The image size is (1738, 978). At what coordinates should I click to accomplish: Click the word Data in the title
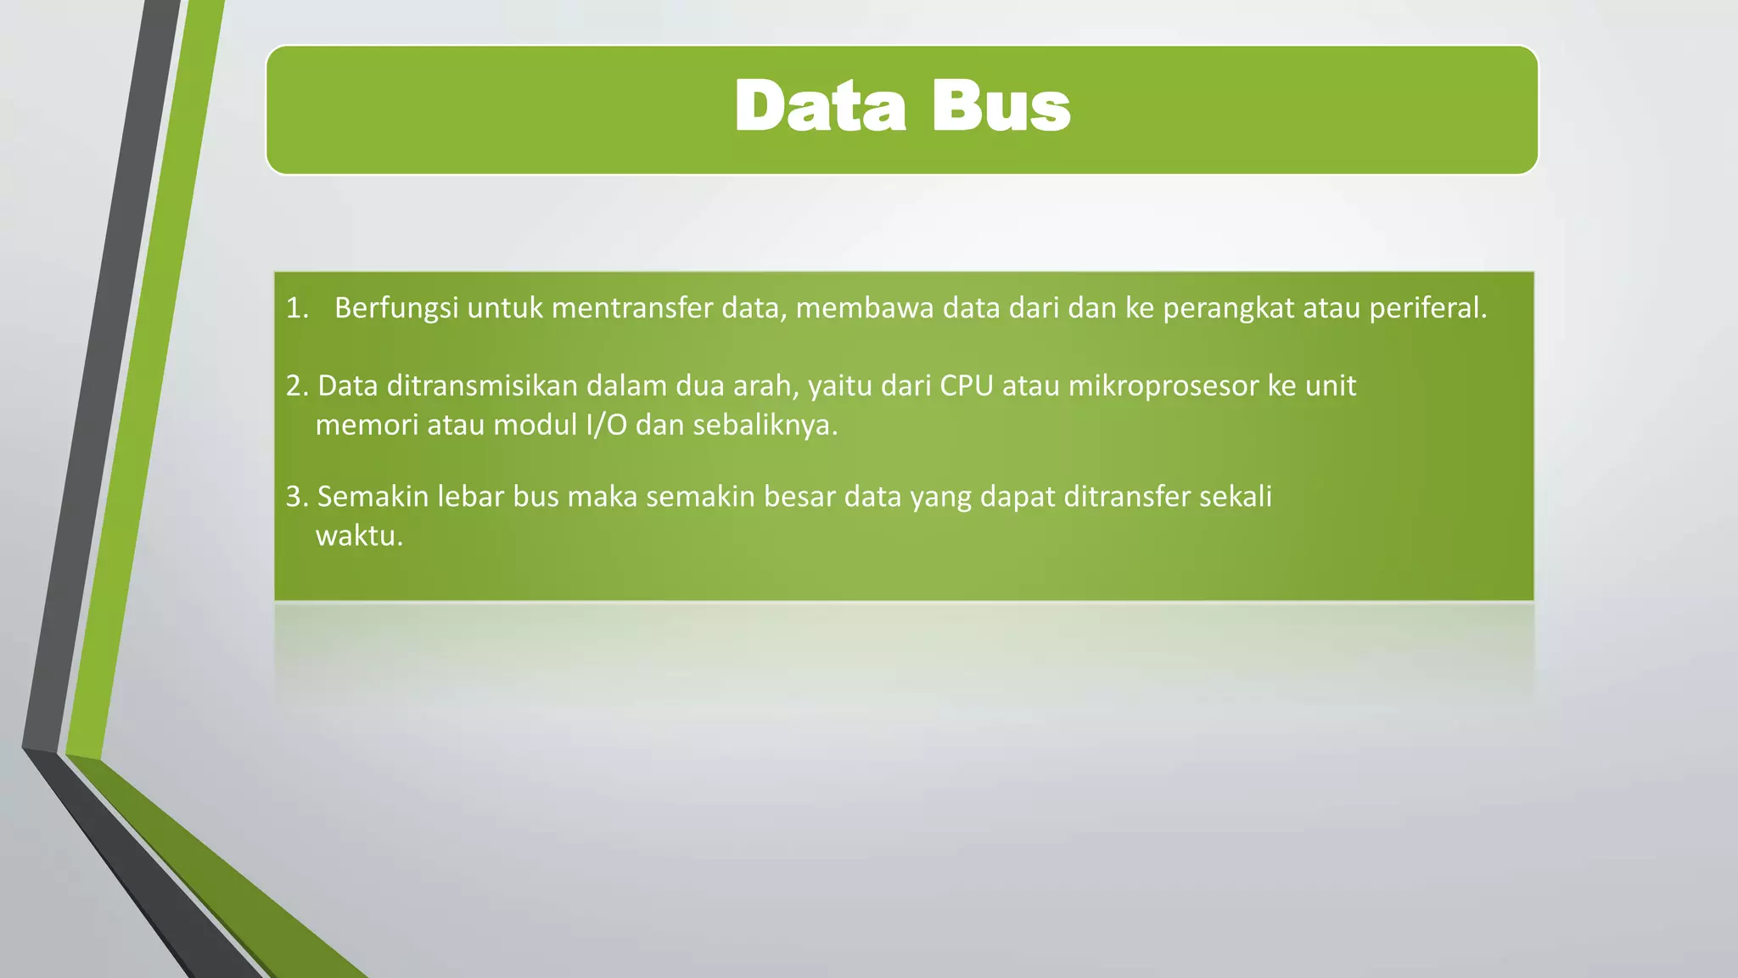point(820,107)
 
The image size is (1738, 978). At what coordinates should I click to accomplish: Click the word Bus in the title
point(1001,107)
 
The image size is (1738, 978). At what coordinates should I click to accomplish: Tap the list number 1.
point(296,308)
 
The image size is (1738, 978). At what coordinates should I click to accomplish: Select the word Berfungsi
point(396,308)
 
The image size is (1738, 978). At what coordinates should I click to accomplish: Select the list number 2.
point(296,386)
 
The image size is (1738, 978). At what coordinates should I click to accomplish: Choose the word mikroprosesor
point(1163,386)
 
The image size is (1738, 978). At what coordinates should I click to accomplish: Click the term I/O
point(606,424)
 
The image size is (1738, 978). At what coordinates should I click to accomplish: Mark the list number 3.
point(296,497)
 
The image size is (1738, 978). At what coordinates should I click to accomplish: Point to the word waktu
point(359,536)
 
